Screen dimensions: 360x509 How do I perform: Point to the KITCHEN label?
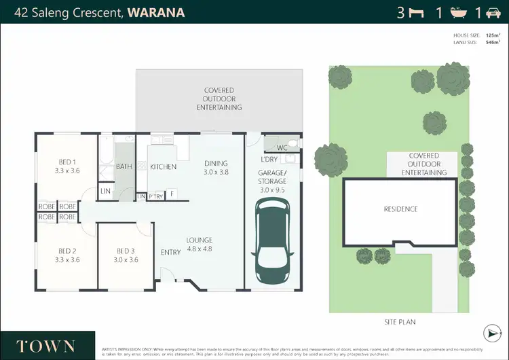[163, 167]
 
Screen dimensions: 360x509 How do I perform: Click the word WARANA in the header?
[157, 12]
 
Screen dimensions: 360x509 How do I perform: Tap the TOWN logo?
[45, 346]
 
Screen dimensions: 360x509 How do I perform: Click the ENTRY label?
[170, 253]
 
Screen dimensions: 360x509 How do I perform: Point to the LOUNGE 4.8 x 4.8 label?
[200, 245]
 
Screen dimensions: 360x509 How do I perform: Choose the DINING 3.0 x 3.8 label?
[216, 168]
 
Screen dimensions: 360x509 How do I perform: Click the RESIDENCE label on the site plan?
[400, 209]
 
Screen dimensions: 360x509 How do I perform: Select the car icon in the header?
[493, 12]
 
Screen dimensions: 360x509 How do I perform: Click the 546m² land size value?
[493, 41]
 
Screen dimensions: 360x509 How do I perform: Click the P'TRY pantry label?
[155, 197]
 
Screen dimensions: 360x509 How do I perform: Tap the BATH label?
[124, 166]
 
